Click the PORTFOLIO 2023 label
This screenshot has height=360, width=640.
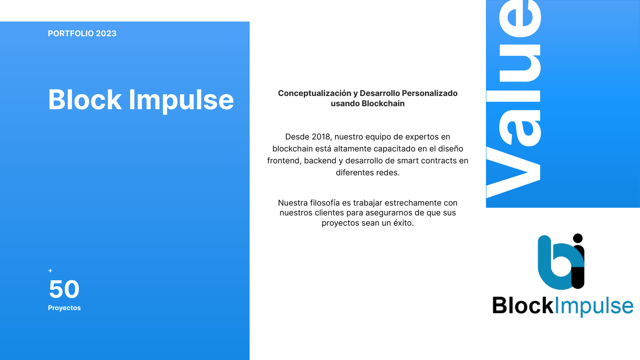click(x=82, y=34)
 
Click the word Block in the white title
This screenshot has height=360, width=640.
click(x=85, y=100)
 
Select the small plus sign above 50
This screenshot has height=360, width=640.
click(x=50, y=270)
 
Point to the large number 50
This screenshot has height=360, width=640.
click(x=64, y=289)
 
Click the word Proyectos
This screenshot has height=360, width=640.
click(x=64, y=308)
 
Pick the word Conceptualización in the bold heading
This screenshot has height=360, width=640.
click(x=314, y=93)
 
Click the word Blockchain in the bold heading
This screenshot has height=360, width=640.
click(x=383, y=104)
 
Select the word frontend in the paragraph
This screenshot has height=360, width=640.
click(x=283, y=161)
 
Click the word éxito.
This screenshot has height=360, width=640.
click(x=402, y=223)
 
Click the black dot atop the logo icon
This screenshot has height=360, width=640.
click(x=578, y=238)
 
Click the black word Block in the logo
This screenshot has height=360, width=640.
click(x=523, y=306)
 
